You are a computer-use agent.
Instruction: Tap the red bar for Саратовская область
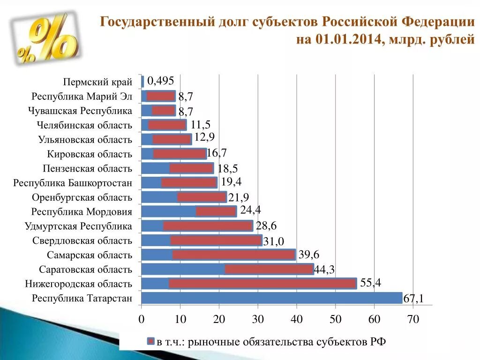click(269, 269)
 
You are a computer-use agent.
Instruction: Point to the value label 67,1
click(414, 299)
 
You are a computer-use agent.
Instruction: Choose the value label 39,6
click(308, 254)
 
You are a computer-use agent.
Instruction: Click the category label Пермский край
click(97, 82)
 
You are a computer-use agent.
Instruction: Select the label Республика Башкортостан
click(73, 183)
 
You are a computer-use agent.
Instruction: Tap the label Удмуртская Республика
click(78, 226)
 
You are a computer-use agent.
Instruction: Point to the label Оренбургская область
click(82, 197)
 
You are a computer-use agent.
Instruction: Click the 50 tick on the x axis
click(335, 320)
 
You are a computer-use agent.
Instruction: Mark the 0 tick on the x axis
click(141, 320)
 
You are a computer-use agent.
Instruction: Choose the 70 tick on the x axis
click(413, 320)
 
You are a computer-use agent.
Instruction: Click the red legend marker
click(151, 341)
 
